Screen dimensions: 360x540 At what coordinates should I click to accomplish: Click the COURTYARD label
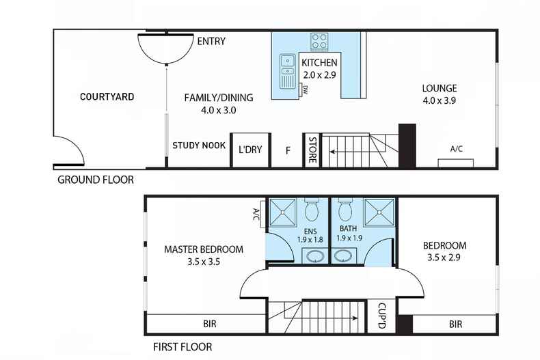[x=107, y=96]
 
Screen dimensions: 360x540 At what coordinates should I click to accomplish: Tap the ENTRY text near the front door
[x=211, y=41]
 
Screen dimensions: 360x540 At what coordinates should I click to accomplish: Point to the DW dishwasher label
[x=305, y=89]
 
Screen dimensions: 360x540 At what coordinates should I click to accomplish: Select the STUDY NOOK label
[x=199, y=145]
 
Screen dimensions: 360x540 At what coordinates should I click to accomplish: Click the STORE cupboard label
[x=311, y=150]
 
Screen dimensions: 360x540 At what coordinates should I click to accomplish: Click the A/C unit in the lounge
[x=456, y=162]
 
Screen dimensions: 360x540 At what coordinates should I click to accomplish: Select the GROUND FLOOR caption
[x=95, y=180]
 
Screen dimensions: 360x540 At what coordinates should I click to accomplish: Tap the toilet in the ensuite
[x=312, y=209]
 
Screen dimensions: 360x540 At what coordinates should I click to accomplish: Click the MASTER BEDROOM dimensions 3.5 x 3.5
[x=203, y=261]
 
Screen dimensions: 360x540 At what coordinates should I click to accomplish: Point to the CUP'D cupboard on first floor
[x=377, y=316]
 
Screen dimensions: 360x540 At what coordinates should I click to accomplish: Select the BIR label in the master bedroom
[x=209, y=324]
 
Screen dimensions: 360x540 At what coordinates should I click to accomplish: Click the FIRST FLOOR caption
[x=183, y=346]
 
